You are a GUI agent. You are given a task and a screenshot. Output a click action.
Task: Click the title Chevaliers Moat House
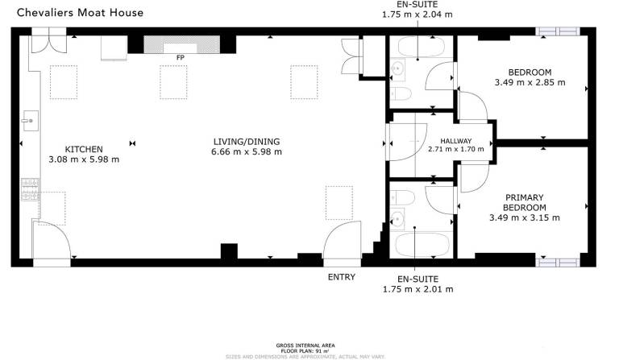80,13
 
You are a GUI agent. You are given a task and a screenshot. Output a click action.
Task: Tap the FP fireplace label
181,57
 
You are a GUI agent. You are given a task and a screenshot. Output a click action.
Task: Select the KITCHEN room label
84,150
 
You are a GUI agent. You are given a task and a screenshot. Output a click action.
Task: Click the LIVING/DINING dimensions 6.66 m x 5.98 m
247,151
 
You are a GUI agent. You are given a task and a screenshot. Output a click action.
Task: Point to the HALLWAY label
456,141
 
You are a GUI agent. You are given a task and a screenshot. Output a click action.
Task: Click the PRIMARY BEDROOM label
525,202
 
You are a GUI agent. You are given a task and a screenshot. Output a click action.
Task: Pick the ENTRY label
342,277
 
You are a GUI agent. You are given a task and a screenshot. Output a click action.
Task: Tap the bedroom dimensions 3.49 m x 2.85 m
530,83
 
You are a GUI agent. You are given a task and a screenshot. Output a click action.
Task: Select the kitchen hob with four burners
31,189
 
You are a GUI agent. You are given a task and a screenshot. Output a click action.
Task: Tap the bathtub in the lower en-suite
422,245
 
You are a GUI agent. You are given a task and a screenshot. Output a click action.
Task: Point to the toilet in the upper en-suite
401,94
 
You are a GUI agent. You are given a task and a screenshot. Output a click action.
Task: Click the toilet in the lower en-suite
402,197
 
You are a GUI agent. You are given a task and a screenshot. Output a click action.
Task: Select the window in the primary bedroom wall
558,263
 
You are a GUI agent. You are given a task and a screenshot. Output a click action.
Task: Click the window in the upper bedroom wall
558,31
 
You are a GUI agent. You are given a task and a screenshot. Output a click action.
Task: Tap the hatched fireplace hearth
181,44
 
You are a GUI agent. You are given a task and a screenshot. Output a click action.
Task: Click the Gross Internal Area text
305,346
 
